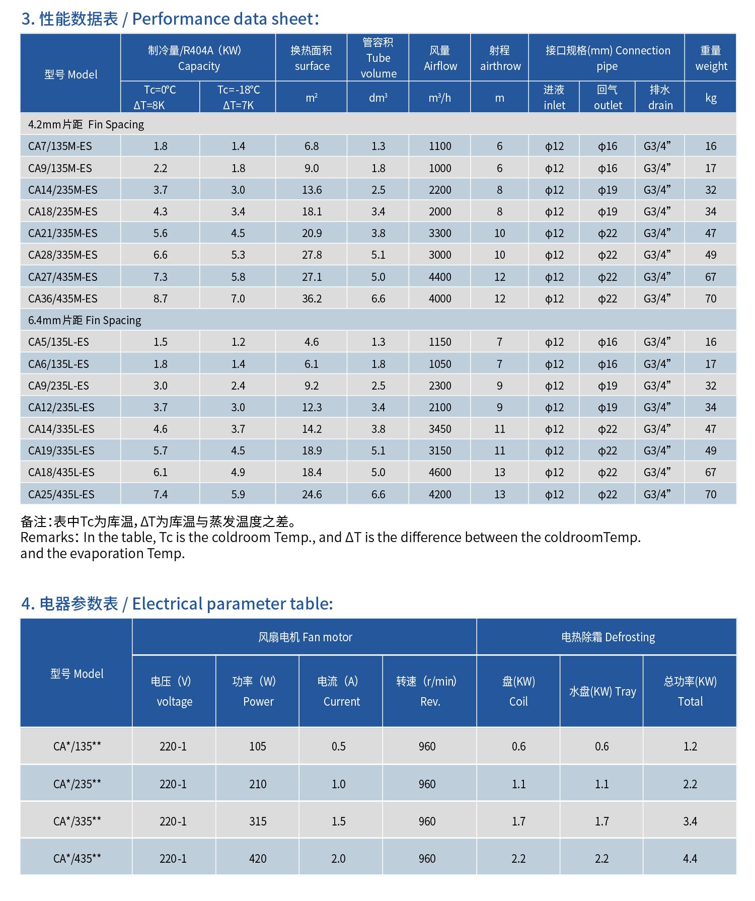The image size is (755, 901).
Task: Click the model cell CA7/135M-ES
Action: [60, 146]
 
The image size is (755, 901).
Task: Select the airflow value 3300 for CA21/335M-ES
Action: [439, 233]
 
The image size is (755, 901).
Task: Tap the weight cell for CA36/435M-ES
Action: [710, 298]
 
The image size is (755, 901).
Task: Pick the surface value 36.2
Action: [312, 298]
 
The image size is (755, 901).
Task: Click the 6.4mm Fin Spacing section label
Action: [85, 320]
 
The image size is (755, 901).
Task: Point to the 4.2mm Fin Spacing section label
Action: [86, 124]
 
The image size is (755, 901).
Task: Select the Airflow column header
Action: [440, 58]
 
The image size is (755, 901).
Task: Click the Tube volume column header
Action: [378, 58]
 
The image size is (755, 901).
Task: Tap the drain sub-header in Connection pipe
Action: [660, 97]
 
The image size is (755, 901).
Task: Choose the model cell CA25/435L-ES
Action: [61, 494]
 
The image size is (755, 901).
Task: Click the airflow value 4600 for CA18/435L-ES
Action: [439, 472]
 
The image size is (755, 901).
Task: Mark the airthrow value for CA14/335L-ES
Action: [499, 429]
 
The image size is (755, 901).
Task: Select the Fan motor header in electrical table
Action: [305, 637]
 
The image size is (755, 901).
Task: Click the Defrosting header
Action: [608, 637]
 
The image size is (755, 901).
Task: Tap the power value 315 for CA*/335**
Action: [257, 821]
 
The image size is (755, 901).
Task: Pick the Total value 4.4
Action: [690, 859]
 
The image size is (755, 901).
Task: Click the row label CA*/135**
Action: [77, 746]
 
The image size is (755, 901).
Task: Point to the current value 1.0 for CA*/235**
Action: [338, 784]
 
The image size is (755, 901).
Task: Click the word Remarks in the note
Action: [47, 538]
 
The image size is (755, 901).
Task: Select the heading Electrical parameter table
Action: [232, 604]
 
